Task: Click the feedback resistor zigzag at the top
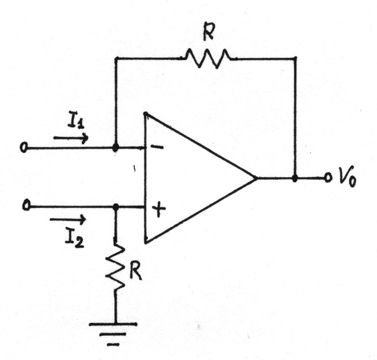(x=207, y=58)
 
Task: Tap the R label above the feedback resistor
(x=208, y=31)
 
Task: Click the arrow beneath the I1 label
(x=71, y=138)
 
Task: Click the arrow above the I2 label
(x=68, y=219)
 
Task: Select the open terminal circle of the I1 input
(x=24, y=147)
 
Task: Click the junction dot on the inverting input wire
(x=116, y=148)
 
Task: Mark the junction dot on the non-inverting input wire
(x=116, y=207)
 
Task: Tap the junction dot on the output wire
(x=295, y=178)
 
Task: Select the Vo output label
(x=347, y=180)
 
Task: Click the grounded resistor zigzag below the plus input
(x=116, y=266)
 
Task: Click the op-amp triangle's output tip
(x=257, y=178)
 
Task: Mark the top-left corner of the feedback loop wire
(x=116, y=58)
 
